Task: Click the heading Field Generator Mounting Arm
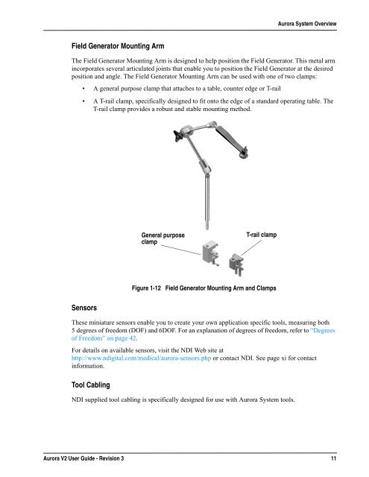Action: (x=118, y=46)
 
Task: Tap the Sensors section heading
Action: (x=84, y=308)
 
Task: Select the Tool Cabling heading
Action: (x=91, y=385)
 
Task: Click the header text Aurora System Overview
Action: (x=307, y=24)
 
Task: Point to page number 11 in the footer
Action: (x=333, y=458)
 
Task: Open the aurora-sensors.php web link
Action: (x=141, y=358)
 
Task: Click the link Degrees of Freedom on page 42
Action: (x=204, y=335)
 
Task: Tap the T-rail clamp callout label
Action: (x=262, y=235)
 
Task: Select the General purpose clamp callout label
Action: (x=163, y=238)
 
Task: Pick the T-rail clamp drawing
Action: (x=236, y=265)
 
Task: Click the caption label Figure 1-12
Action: (x=146, y=288)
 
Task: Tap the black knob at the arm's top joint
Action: (x=177, y=136)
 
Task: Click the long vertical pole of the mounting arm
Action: (x=207, y=201)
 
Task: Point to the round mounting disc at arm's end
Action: (x=243, y=156)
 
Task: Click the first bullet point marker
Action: (x=83, y=89)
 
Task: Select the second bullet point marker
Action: (x=83, y=101)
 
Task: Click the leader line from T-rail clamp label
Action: (x=251, y=247)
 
